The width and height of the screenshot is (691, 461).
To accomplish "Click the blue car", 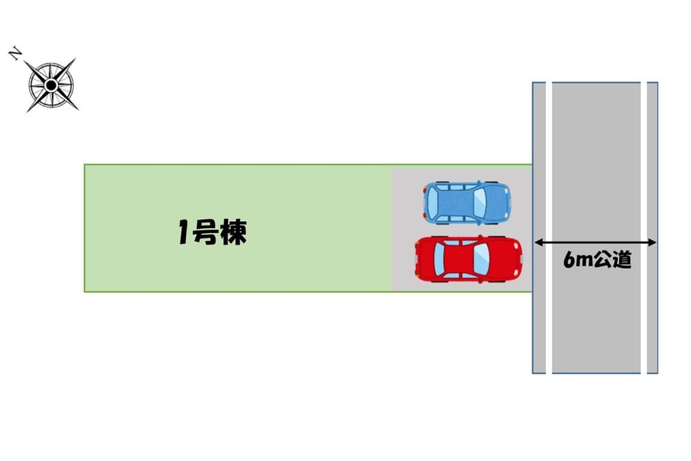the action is (467, 203).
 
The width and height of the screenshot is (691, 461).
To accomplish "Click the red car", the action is (468, 259).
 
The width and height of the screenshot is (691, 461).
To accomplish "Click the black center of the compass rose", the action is (51, 85).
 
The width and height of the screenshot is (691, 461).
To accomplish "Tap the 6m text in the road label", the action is (578, 261).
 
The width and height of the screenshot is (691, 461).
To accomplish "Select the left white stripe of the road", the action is (549, 228).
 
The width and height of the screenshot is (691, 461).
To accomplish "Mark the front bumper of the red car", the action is (520, 259).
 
